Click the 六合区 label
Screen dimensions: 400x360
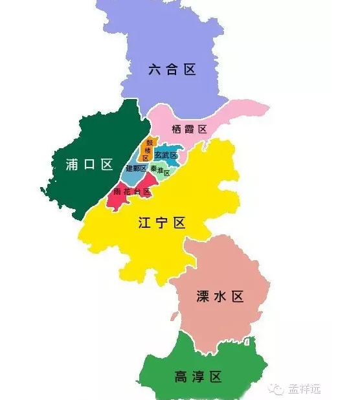click(172, 70)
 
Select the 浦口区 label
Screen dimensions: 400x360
click(89, 165)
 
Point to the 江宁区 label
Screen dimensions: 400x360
click(162, 223)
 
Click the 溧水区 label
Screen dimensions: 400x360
click(219, 297)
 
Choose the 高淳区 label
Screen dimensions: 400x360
click(198, 377)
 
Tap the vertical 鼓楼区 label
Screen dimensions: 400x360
click(148, 150)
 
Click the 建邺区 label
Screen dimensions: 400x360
click(136, 168)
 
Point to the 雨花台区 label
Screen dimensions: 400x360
click(132, 192)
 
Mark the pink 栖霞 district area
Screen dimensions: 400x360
click(214, 117)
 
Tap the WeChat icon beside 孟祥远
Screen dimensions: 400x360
click(277, 389)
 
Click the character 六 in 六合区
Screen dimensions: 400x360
click(154, 70)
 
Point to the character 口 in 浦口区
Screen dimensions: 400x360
click(89, 165)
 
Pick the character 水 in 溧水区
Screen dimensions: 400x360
click(219, 297)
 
